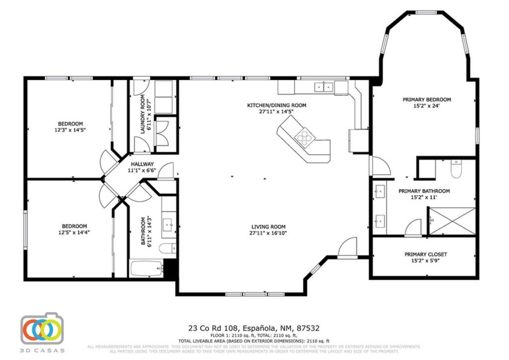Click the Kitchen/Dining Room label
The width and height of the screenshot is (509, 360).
click(276, 105)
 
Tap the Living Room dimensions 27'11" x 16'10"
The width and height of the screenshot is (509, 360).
click(268, 233)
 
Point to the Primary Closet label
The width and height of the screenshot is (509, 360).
click(425, 255)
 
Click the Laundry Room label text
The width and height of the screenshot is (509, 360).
click(143, 115)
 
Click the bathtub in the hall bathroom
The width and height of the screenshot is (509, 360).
click(146, 268)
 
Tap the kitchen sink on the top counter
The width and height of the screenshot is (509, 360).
click(322, 87)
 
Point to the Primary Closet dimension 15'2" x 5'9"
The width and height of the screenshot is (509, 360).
click(425, 261)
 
